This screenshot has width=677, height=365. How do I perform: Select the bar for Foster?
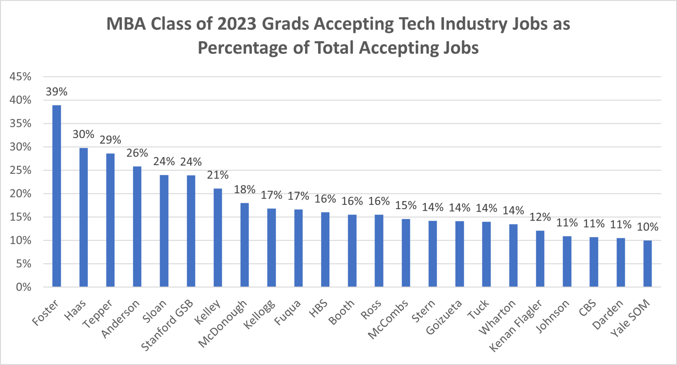tap(57, 196)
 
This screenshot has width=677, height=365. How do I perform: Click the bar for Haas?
tap(83, 217)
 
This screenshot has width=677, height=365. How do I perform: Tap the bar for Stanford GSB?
tap(191, 231)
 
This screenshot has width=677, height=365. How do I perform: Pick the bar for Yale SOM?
tap(647, 264)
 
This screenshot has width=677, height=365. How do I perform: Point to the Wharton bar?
tap(513, 255)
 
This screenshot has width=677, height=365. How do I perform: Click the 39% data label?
tap(57, 91)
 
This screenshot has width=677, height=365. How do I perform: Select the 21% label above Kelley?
tap(218, 175)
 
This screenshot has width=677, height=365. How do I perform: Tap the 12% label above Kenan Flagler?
tap(540, 217)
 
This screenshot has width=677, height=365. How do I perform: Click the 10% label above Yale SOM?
tap(647, 227)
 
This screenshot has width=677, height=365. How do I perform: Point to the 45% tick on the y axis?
tap(20, 77)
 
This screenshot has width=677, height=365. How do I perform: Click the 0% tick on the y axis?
tap(23, 287)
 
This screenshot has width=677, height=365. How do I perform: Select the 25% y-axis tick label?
tap(20, 170)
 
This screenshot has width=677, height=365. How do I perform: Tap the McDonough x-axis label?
tap(223, 324)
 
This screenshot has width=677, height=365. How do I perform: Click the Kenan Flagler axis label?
tap(516, 326)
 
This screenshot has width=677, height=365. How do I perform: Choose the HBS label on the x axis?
tap(319, 308)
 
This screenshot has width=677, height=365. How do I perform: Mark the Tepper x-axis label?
tap(98, 314)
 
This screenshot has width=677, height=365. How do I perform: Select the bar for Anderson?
tap(137, 227)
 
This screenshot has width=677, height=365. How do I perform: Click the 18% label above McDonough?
tap(245, 189)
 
